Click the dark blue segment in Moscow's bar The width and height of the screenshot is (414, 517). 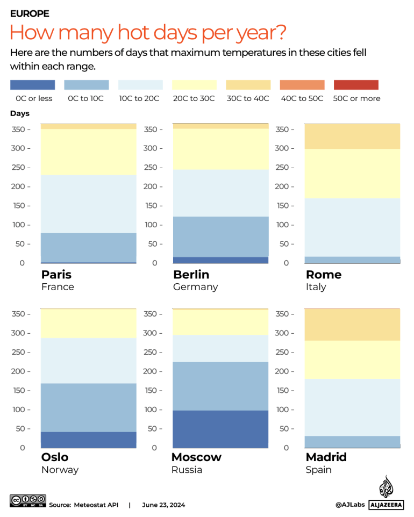tap(220, 429)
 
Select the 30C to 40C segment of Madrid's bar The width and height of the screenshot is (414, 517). tap(352, 325)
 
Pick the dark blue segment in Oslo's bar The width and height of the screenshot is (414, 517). tap(89, 440)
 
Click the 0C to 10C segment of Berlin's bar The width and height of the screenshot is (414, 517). tap(220, 237)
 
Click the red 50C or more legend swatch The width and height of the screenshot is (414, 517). tap(356, 85)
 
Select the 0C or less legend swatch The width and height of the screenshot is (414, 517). tap(32, 85)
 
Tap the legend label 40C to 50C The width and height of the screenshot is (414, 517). tap(302, 98)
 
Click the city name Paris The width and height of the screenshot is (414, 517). tap(56, 275)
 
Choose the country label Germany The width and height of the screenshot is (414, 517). tap(195, 287)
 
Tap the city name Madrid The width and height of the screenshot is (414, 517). tap(326, 457)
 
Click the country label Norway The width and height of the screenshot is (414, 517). tap(60, 470)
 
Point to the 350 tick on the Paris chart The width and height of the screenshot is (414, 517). tap(19, 130)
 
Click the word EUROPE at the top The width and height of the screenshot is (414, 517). tap(30, 13)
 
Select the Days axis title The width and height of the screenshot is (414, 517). tap(20, 113)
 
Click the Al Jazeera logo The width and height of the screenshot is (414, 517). tap(385, 493)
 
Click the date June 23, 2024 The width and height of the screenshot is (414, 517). tap(163, 505)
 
